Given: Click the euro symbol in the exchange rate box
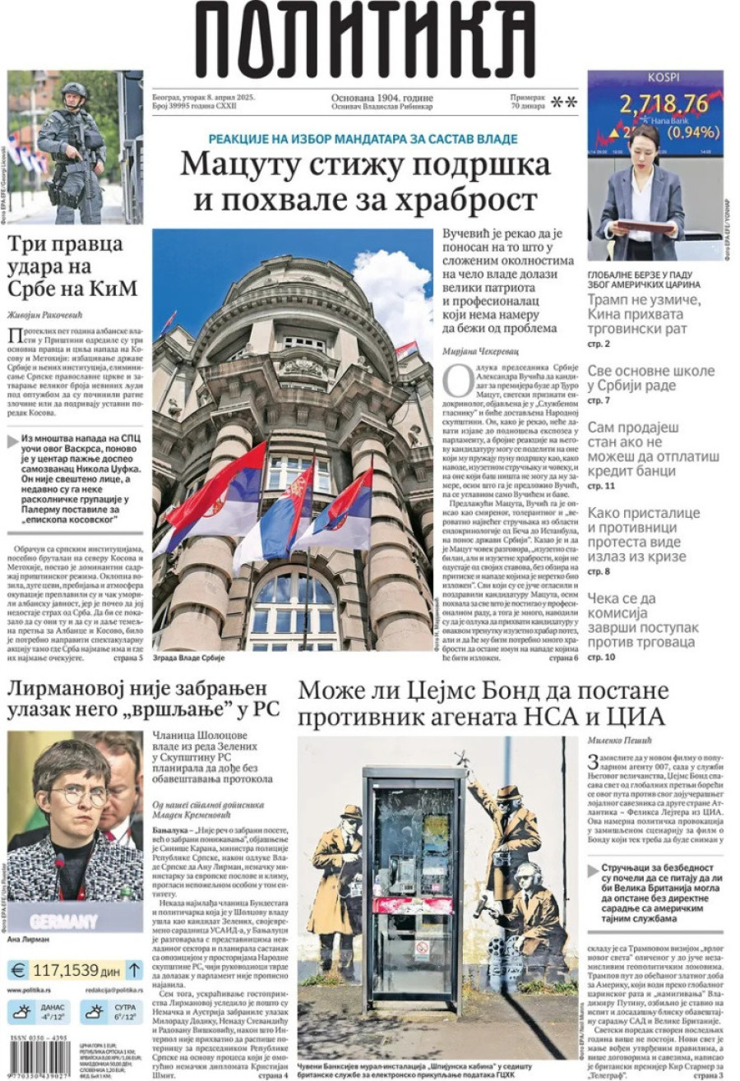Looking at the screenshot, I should pos(19,970).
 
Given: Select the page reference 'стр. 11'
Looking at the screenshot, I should pos(599,487).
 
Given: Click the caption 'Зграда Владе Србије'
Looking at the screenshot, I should pos(189,658).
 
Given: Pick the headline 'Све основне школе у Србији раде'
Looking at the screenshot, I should pos(650,378).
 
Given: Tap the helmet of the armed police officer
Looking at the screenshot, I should pos(73,90).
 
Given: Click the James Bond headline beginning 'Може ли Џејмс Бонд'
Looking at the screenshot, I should pos(483,703).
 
